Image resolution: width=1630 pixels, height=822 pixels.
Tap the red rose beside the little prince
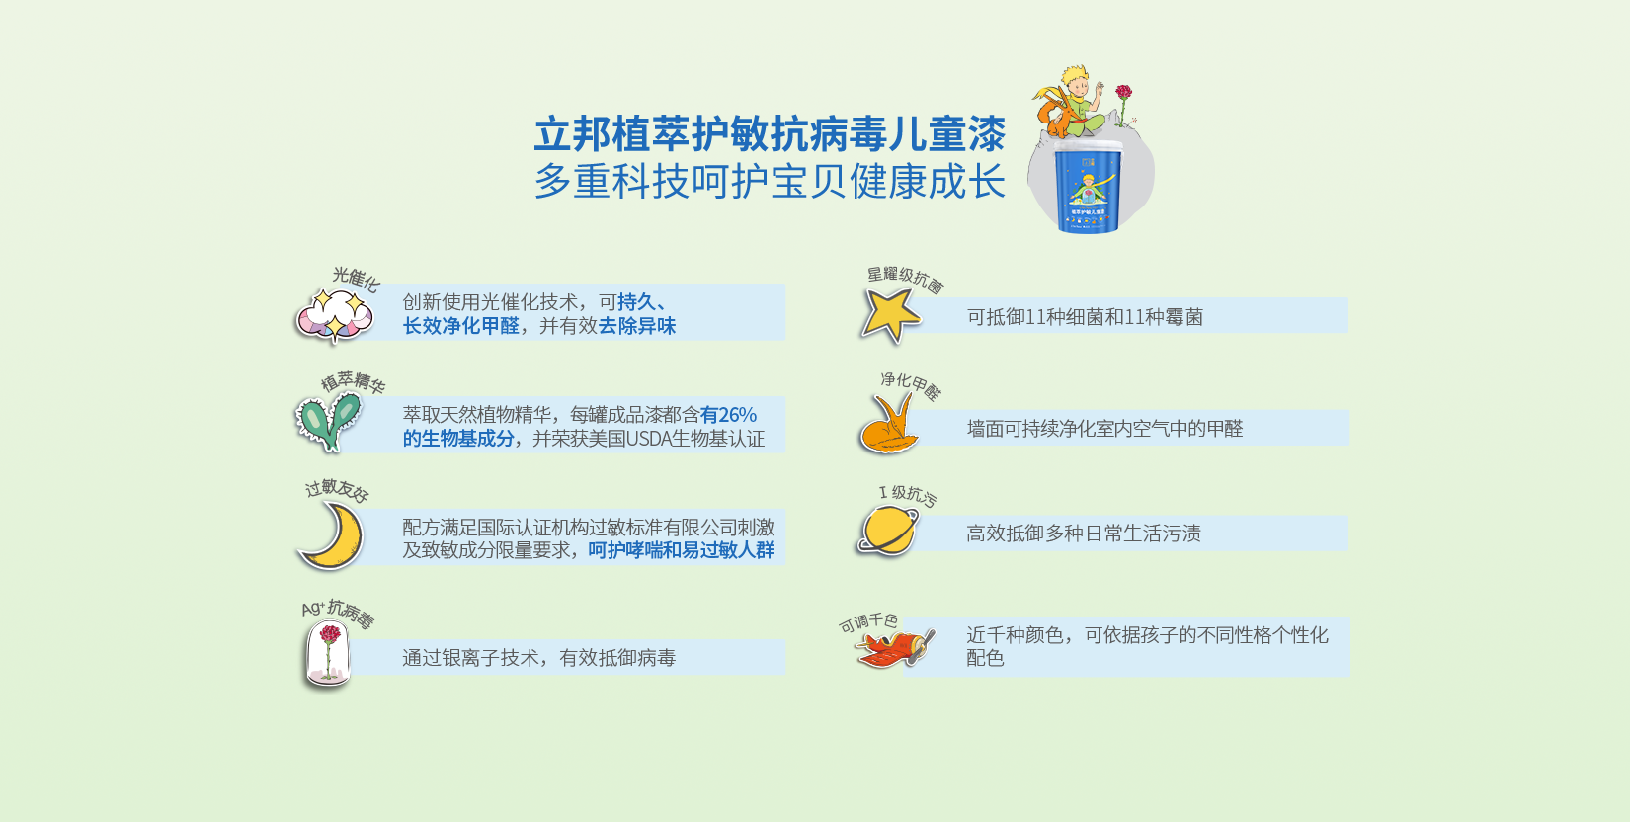1123,94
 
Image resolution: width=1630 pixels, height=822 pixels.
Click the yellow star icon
889,314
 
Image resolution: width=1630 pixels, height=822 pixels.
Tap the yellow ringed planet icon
887,531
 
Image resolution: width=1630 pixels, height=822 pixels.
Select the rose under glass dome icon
328,651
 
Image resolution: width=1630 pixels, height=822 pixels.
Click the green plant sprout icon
328,420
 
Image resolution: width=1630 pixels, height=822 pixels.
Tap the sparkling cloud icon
335,315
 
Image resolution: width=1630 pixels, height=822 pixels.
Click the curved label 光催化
356,278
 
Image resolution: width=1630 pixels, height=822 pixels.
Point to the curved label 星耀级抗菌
905,279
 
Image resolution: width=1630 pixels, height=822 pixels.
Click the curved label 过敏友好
337,490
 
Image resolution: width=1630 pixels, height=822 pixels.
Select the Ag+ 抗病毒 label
338,613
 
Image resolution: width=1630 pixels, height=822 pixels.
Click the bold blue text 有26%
728,415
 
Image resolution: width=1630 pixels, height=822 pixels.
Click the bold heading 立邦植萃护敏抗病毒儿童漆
770,133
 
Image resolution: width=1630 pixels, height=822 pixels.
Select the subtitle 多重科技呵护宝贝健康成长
770,182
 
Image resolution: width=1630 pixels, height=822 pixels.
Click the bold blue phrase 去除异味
637,326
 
